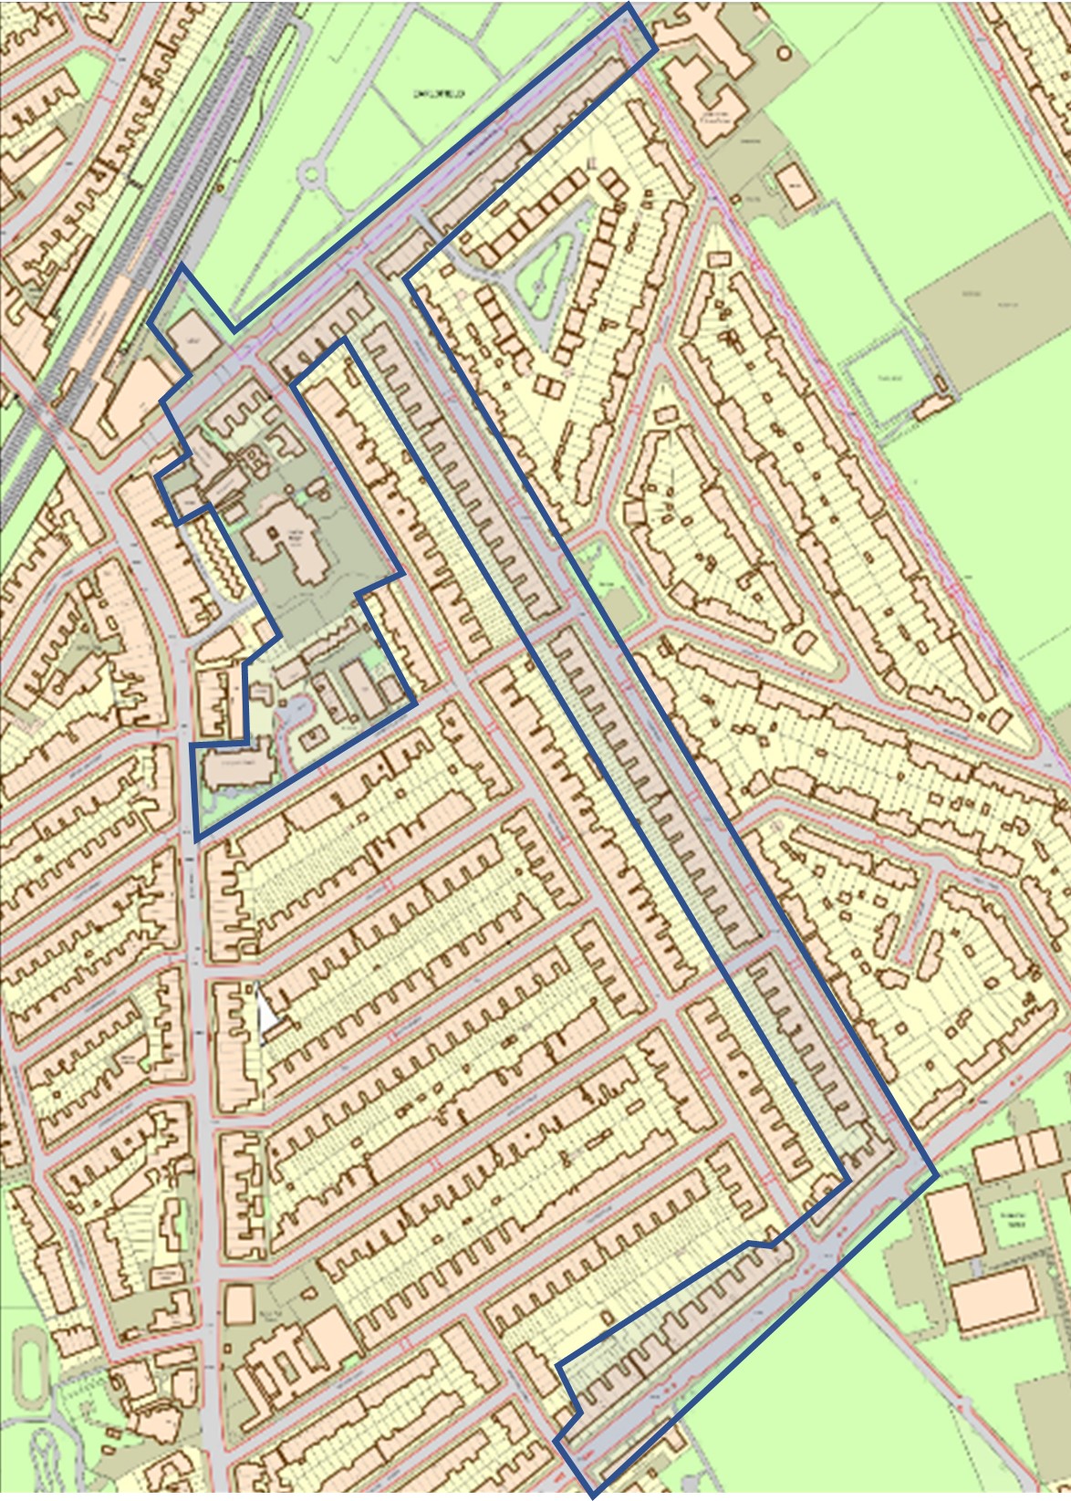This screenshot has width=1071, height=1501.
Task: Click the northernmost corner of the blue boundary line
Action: pyautogui.click(x=629, y=7)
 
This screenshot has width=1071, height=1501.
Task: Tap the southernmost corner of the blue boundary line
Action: pyautogui.click(x=591, y=1496)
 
